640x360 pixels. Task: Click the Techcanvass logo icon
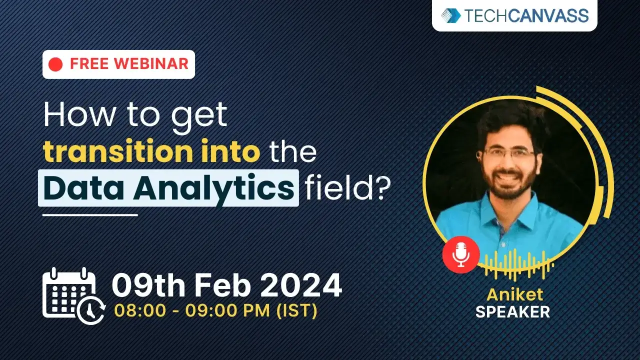pos(451,15)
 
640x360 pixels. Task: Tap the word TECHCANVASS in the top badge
pos(527,15)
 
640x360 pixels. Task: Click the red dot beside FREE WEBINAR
pos(56,64)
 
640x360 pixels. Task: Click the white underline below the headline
pos(90,215)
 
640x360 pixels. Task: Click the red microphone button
pos(460,255)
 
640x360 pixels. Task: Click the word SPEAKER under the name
pos(512,312)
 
